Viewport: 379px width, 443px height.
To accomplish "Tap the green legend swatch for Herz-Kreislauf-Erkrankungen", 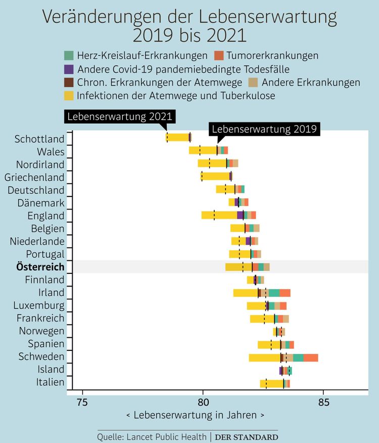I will pyautogui.click(x=69, y=55).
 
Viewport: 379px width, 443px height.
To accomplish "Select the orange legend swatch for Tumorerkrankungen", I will pyautogui.click(x=219, y=55).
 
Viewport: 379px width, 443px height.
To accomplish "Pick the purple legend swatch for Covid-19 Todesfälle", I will pyautogui.click(x=69, y=69).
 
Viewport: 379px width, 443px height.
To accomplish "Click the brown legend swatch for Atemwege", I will pyautogui.click(x=69, y=82).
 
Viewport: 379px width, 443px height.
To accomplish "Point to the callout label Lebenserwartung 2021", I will pyautogui.click(x=120, y=116).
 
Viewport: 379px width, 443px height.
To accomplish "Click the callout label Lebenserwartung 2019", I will pyautogui.click(x=265, y=129).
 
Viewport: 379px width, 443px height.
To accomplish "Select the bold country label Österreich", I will pyautogui.click(x=40, y=267).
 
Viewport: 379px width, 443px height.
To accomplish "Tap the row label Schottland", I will pyautogui.click(x=40, y=139).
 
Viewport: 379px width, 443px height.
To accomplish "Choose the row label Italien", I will pyautogui.click(x=51, y=382).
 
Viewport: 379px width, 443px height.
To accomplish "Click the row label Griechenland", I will pyautogui.click(x=34, y=177).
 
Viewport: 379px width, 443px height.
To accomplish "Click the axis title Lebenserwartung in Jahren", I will pyautogui.click(x=195, y=415).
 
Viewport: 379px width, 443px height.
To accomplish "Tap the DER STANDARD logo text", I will pyautogui.click(x=247, y=436).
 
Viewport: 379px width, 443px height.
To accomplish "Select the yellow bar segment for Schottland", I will pyautogui.click(x=178, y=137).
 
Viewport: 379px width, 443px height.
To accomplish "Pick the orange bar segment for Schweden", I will pyautogui.click(x=311, y=357).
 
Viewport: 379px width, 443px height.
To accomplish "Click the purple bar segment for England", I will pyautogui.click(x=240, y=215).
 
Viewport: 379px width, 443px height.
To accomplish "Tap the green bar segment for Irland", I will pyautogui.click(x=274, y=293).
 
